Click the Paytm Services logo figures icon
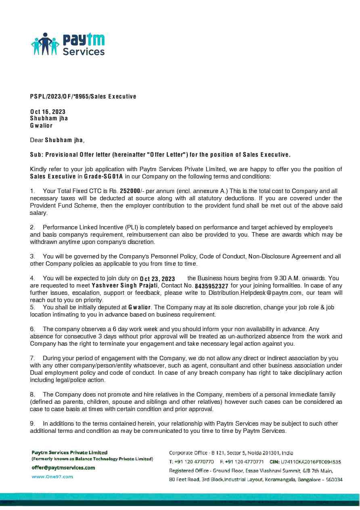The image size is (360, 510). [x=45, y=44]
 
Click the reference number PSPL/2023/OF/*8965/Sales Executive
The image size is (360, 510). [x=83, y=97]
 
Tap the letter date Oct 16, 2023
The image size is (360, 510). [x=48, y=111]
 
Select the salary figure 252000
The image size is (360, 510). [x=130, y=191]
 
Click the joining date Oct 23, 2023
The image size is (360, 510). [x=157, y=279]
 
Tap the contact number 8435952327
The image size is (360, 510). [x=211, y=286]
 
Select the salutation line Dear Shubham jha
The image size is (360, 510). [x=57, y=140]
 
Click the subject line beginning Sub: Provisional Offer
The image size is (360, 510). [x=160, y=155]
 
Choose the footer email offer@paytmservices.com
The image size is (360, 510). [x=63, y=468]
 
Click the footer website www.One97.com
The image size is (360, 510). [x=52, y=476]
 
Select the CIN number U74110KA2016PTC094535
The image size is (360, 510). [x=311, y=462]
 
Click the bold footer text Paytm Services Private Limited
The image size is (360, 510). [x=69, y=453]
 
